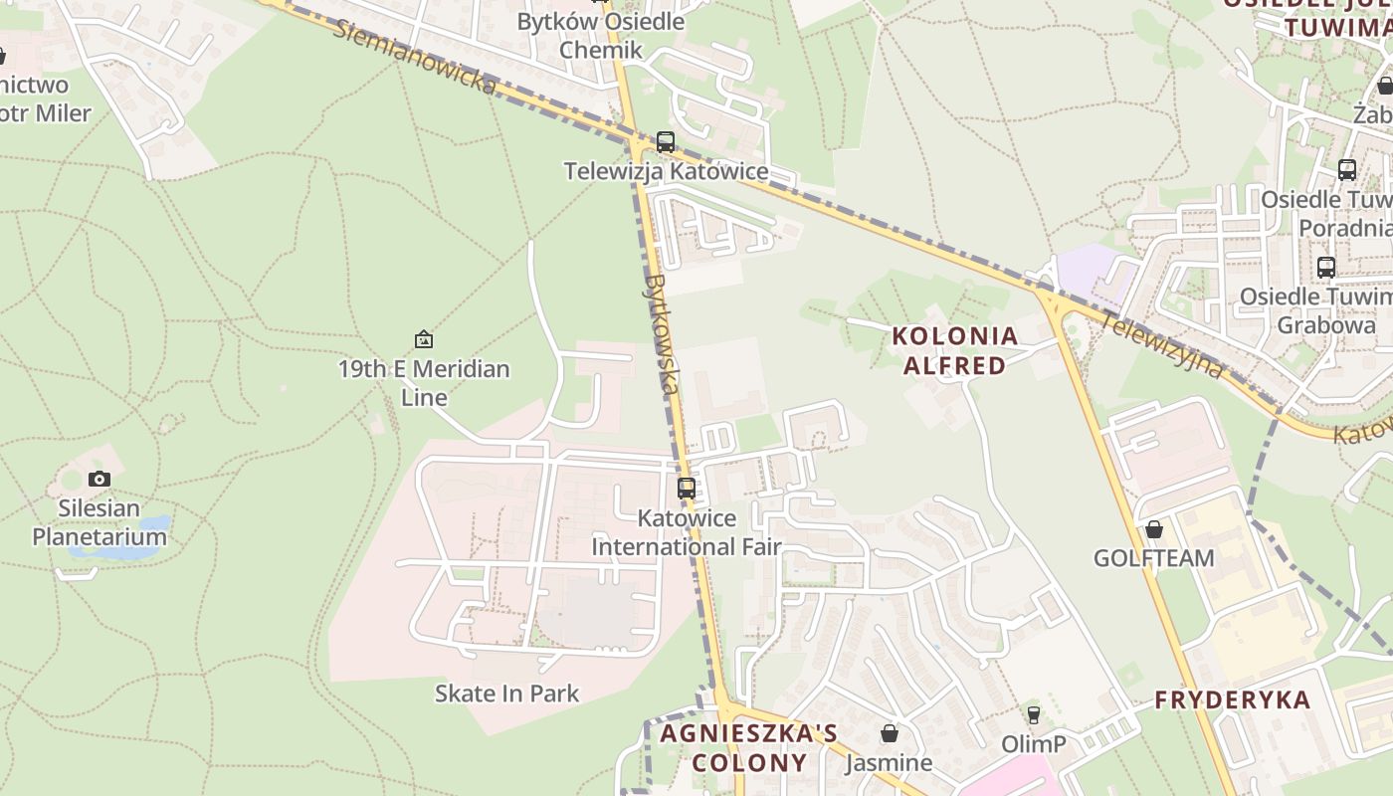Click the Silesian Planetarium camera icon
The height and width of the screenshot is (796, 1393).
(99, 480)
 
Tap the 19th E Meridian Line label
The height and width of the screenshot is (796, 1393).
(424, 383)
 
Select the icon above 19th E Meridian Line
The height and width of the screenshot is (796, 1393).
(424, 339)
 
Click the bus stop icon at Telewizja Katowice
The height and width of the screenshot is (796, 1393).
(666, 142)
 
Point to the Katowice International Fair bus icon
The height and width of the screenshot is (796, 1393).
(687, 489)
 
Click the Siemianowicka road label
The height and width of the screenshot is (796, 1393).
(414, 58)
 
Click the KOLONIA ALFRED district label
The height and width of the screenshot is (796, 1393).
(955, 351)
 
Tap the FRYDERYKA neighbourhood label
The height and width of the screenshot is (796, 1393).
(1233, 699)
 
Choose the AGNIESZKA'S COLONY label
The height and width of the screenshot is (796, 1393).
(749, 748)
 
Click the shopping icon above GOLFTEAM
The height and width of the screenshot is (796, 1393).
(1154, 529)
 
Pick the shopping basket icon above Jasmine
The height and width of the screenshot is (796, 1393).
(890, 733)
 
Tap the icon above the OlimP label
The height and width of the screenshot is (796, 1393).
(1034, 714)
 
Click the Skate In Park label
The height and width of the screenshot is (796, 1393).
(506, 693)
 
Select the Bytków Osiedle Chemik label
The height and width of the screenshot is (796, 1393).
(601, 35)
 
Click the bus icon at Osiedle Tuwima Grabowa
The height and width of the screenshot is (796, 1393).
(1326, 268)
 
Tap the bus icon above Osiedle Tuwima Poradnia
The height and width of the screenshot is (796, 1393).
(1347, 170)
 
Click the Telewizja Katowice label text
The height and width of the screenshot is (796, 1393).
(666, 171)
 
